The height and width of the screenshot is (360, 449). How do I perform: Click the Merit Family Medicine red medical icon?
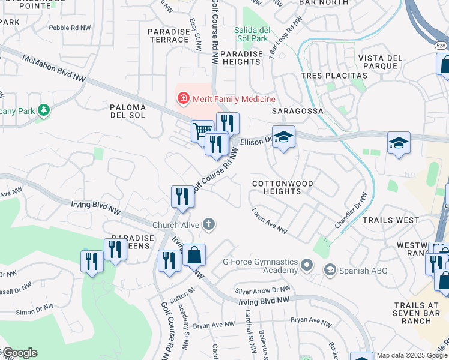(182, 97)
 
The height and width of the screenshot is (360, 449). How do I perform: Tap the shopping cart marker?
(202, 130)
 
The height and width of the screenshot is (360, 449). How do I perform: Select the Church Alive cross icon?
(209, 225)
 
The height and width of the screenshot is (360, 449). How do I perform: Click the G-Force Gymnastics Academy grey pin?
(307, 263)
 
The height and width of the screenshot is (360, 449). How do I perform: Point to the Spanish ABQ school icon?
(330, 271)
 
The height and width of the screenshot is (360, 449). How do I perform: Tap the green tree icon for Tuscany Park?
(43, 110)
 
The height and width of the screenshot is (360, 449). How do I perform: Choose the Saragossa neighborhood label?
(297, 111)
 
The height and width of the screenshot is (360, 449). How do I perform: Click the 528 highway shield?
(441, 45)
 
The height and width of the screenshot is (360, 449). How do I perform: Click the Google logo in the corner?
(19, 353)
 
